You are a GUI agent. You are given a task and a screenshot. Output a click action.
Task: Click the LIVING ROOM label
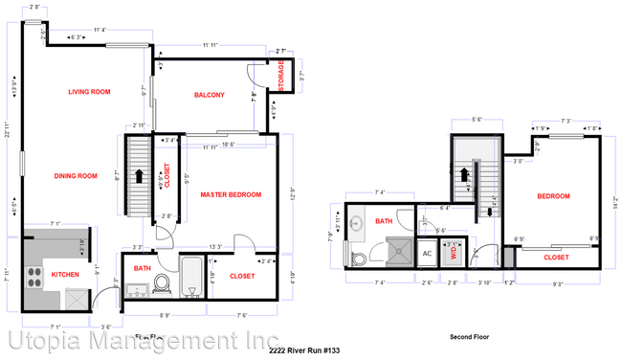pyautogui.click(x=89, y=92)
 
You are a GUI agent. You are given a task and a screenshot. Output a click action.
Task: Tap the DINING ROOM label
pyautogui.click(x=77, y=175)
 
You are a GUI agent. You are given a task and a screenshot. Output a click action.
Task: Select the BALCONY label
pyautogui.click(x=209, y=95)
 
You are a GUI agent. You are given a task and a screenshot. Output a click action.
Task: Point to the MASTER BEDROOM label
pyautogui.click(x=230, y=194)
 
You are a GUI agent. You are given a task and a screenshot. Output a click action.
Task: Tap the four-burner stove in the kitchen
pyautogui.click(x=35, y=277)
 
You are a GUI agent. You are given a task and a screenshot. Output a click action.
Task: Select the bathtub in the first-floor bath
pyautogui.click(x=191, y=279)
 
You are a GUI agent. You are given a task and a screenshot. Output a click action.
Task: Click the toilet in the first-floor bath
pyautogui.click(x=161, y=282)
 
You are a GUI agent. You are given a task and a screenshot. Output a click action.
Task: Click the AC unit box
pyautogui.click(x=427, y=254)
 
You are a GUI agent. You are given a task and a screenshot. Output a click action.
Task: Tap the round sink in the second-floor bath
pyautogui.click(x=356, y=226)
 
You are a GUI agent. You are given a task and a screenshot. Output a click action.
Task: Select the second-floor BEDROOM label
pyautogui.click(x=553, y=196)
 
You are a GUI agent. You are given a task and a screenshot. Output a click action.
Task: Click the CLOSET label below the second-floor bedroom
pyautogui.click(x=556, y=258)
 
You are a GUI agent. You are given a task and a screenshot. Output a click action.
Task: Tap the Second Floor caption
pyautogui.click(x=469, y=337)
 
